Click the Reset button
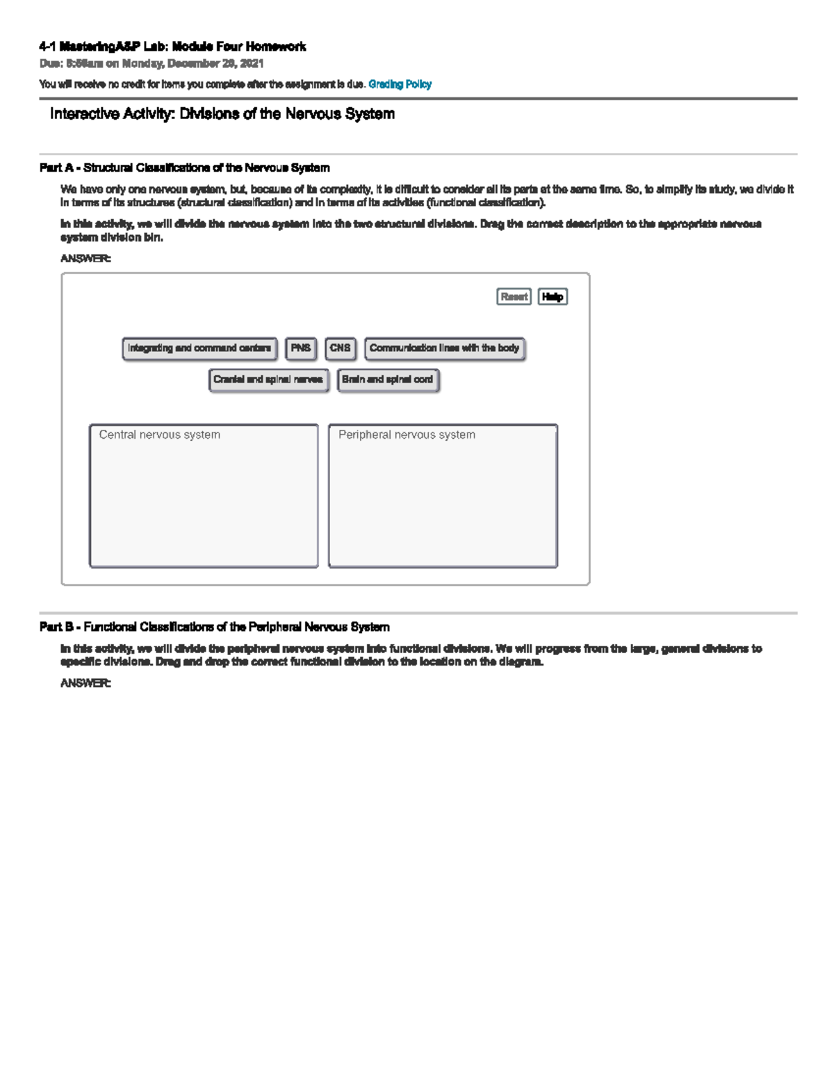pos(514,297)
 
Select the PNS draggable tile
pos(301,348)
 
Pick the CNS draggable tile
pos(340,348)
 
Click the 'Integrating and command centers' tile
pos(199,348)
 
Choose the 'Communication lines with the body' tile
pos(444,348)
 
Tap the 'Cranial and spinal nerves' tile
pos(268,380)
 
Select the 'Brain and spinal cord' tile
pos(387,380)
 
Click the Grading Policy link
pos(400,84)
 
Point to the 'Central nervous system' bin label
pos(159,435)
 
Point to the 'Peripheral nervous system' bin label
pos(407,435)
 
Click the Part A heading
pos(184,168)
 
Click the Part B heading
pos(214,627)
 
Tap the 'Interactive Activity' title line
pos(222,113)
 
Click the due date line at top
pos(152,63)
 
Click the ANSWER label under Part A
pos(85,258)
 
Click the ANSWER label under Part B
pos(85,683)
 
